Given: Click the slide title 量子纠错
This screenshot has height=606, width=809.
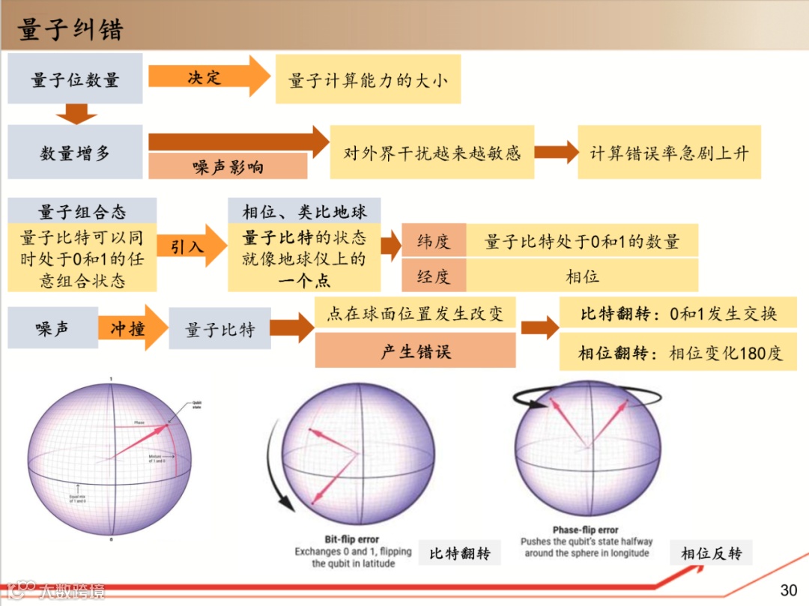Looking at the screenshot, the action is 70,29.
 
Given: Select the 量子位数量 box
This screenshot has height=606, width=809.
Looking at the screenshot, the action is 75,79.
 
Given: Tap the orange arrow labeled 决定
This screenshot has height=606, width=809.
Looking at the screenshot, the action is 206,76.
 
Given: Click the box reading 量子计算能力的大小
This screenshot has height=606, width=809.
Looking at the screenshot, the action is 368,79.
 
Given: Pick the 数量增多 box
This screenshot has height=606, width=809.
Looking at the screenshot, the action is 75,152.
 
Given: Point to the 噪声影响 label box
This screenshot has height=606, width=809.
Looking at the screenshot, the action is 228,166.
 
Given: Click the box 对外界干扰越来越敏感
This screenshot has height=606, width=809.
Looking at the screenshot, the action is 431,153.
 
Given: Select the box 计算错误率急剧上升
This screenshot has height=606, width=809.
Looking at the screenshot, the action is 669,153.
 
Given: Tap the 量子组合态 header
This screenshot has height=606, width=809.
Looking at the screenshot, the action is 82,210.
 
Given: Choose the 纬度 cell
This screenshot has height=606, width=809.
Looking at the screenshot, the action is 434,241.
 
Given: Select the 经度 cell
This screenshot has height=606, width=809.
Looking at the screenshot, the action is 434,276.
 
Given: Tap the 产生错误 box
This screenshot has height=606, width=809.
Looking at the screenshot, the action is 415,350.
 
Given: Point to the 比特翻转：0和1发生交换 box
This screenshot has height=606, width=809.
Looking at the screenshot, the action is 678,313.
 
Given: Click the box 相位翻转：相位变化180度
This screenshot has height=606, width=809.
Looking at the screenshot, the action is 678,353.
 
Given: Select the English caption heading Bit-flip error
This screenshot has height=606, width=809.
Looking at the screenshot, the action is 351,539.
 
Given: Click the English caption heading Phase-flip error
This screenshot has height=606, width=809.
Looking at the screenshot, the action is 587,530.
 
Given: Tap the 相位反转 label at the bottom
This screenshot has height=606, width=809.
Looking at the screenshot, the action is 711,553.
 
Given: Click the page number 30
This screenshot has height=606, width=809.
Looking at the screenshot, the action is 789,590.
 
